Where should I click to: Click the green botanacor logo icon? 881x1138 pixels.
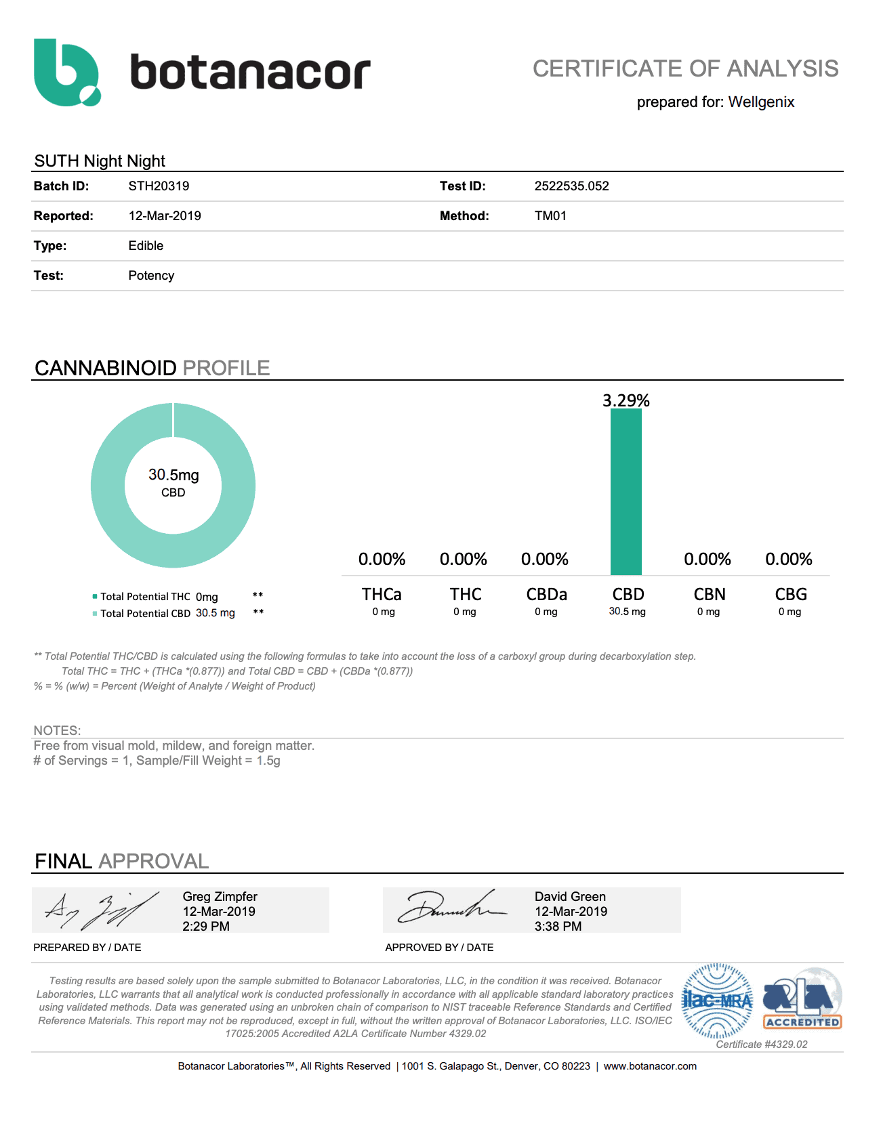[66, 72]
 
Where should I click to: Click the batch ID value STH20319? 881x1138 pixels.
[159, 186]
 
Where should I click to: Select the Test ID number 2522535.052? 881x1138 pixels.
[571, 186]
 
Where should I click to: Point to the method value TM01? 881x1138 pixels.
[550, 216]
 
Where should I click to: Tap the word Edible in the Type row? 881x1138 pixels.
[146, 246]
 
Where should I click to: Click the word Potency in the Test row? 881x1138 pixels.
[151, 276]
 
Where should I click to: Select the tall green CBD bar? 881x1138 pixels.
[626, 491]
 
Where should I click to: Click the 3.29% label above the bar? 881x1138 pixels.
[626, 400]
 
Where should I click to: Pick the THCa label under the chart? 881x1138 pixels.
[382, 594]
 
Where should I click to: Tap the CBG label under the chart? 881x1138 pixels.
[790, 594]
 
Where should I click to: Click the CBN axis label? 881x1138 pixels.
[709, 594]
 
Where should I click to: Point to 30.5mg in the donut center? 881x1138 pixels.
[173, 476]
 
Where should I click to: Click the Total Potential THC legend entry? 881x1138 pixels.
[145, 597]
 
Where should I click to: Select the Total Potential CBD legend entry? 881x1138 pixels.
[145, 614]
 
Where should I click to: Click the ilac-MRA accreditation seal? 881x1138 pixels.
[717, 1000]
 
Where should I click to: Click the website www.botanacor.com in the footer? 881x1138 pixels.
[650, 1066]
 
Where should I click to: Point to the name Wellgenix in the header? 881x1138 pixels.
[761, 102]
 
